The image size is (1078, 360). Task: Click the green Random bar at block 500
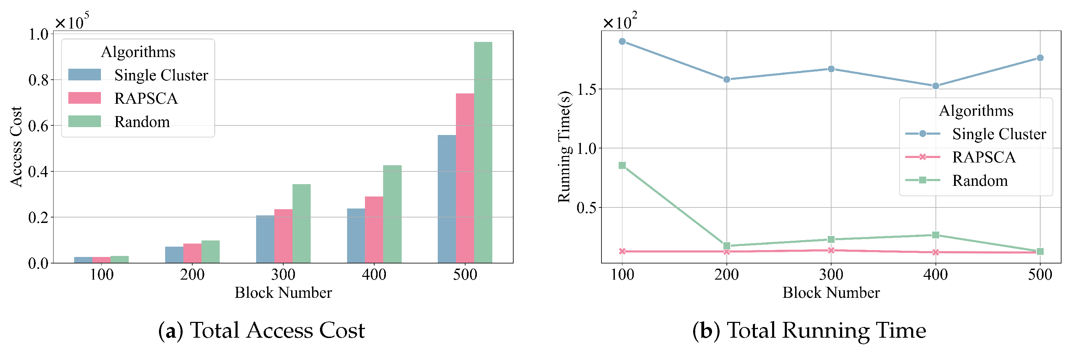pyautogui.click(x=483, y=153)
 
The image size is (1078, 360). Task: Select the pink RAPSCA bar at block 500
pyautogui.click(x=465, y=178)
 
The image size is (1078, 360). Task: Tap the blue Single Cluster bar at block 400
pyautogui.click(x=356, y=236)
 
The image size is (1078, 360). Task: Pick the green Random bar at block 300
pyautogui.click(x=301, y=223)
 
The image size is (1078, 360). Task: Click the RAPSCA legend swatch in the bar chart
pyautogui.click(x=84, y=98)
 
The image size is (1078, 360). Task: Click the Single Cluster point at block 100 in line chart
pyautogui.click(x=622, y=42)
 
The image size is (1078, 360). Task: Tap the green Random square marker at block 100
pyautogui.click(x=622, y=165)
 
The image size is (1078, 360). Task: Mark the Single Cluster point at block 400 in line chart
pyautogui.click(x=936, y=86)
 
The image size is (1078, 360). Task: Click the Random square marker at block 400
pyautogui.click(x=936, y=235)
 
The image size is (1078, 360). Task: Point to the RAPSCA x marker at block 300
pyautogui.click(x=831, y=250)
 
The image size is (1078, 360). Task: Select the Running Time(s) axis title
pyautogui.click(x=564, y=147)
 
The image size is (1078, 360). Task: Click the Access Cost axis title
pyautogui.click(x=16, y=147)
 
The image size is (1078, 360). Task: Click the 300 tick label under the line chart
pyautogui.click(x=831, y=274)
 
